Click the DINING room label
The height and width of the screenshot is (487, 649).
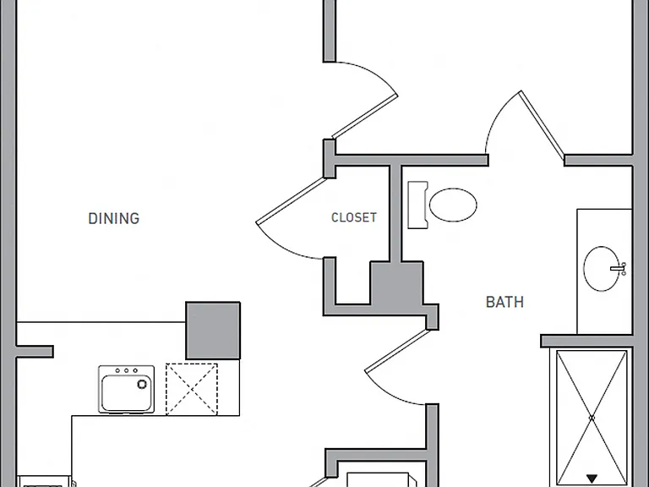click(114, 218)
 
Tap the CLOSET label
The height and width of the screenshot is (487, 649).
click(354, 217)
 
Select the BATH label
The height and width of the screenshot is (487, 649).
click(504, 302)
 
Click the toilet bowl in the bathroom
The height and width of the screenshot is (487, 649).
click(453, 205)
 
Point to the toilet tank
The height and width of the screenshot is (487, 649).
click(417, 205)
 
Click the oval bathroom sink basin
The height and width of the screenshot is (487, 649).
click(602, 268)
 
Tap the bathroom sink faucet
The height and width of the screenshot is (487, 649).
click(619, 268)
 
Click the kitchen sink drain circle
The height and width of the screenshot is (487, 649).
click(142, 385)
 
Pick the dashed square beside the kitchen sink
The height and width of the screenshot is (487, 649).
click(192, 389)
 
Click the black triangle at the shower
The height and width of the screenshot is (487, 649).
click(592, 479)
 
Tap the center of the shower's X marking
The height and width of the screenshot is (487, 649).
click(592, 419)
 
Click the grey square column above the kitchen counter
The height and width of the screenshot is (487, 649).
click(213, 331)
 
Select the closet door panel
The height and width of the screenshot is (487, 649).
click(290, 200)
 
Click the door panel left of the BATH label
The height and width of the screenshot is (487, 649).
click(396, 350)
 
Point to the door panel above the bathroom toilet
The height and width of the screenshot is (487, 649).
click(542, 125)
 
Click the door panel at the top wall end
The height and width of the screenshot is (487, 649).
click(365, 117)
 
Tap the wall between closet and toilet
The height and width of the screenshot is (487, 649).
click(395, 213)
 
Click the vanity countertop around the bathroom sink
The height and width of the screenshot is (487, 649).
click(604, 271)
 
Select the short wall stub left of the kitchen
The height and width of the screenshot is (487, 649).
click(35, 352)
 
